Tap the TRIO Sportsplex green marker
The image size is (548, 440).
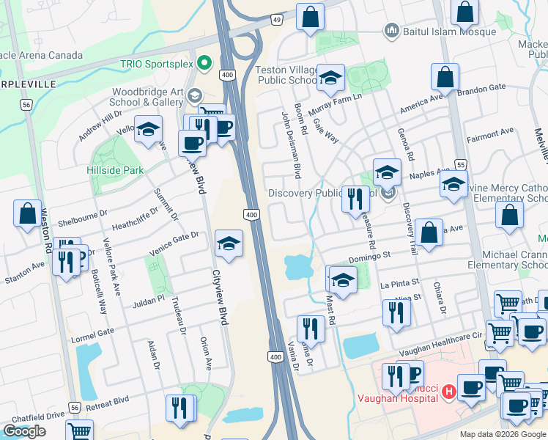tap(204, 63)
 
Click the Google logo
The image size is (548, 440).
tap(24, 430)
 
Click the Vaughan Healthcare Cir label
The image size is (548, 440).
tap(447, 334)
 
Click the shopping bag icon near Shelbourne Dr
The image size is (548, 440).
tap(27, 213)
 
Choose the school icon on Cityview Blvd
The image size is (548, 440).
tap(229, 245)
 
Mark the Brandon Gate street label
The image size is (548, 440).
tap(482, 88)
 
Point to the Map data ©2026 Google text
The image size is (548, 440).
tap(503, 434)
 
